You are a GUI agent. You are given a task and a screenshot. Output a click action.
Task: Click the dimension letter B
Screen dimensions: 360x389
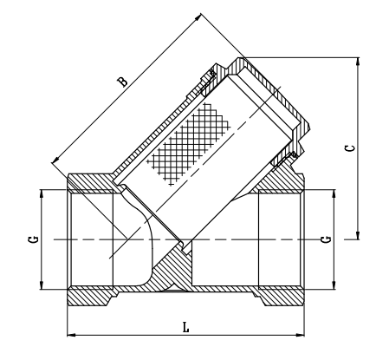[x=123, y=82]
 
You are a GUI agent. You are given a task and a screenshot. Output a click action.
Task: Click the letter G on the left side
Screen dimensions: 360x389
[x=32, y=238]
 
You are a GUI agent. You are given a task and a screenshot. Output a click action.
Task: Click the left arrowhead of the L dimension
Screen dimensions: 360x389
[x=71, y=334]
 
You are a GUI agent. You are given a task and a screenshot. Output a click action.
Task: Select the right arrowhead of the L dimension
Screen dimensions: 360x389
[x=302, y=334]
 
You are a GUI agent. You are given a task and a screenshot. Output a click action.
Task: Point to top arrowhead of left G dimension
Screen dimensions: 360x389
[x=42, y=193]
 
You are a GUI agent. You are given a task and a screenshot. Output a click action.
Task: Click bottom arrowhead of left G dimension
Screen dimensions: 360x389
[x=42, y=283]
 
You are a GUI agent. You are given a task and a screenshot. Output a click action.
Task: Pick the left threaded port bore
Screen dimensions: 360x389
[x=95, y=239]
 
